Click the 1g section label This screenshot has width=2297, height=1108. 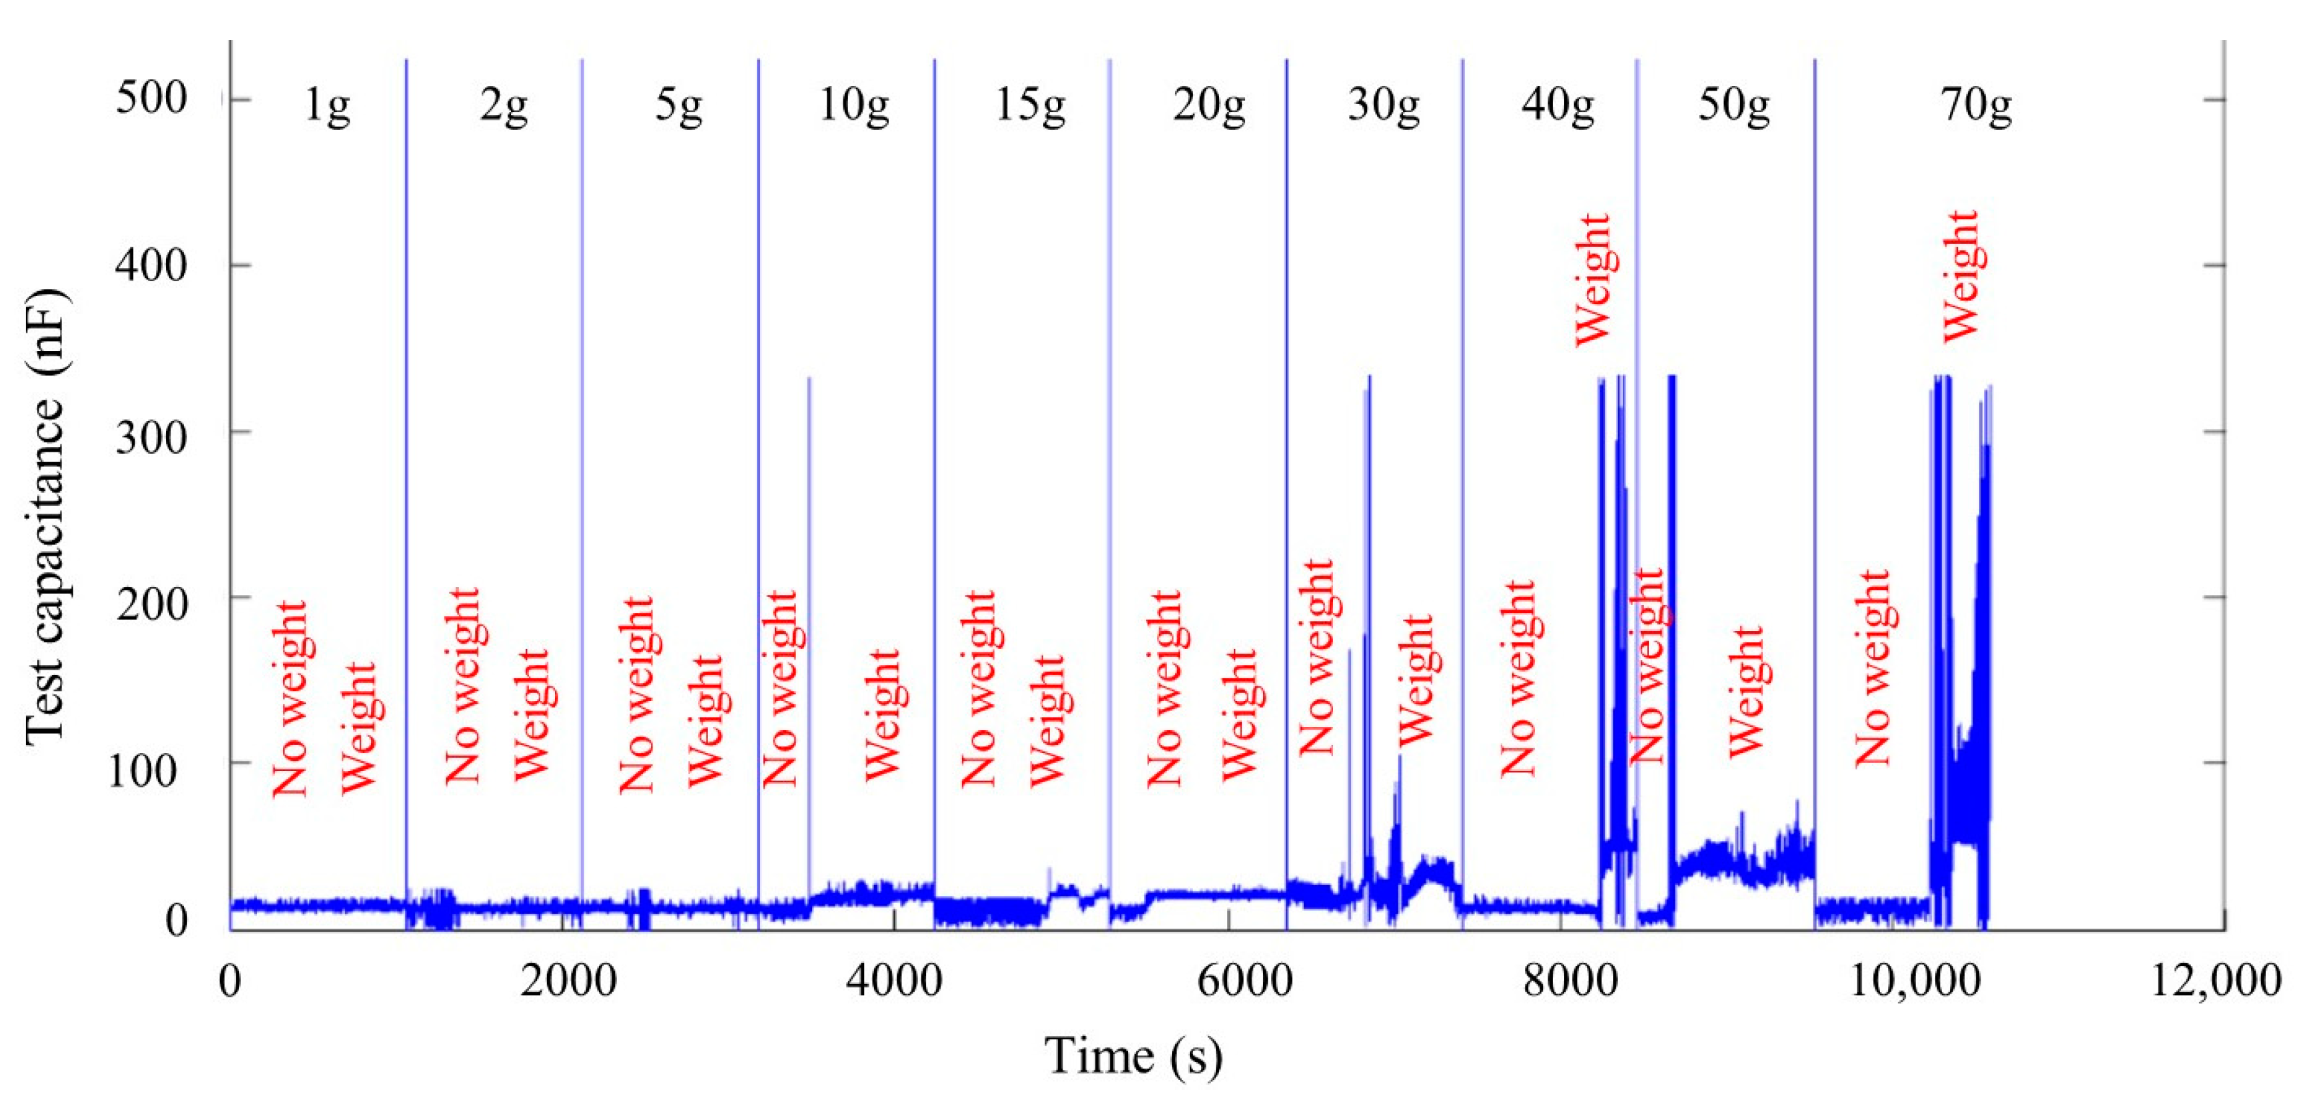(x=326, y=106)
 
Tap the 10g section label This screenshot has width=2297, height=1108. (x=853, y=106)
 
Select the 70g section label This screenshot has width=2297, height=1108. (x=1976, y=106)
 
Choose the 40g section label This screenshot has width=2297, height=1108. (x=1558, y=106)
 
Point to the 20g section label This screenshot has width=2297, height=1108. (x=1208, y=106)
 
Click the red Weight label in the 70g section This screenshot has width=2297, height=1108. (x=1961, y=277)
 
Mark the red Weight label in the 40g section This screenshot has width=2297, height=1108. (x=1593, y=279)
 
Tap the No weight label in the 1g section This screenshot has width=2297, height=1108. (x=290, y=698)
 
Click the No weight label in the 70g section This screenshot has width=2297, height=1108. (x=1873, y=668)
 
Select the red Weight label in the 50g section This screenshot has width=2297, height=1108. (x=1746, y=692)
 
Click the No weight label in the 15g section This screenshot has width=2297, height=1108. (x=978, y=688)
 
